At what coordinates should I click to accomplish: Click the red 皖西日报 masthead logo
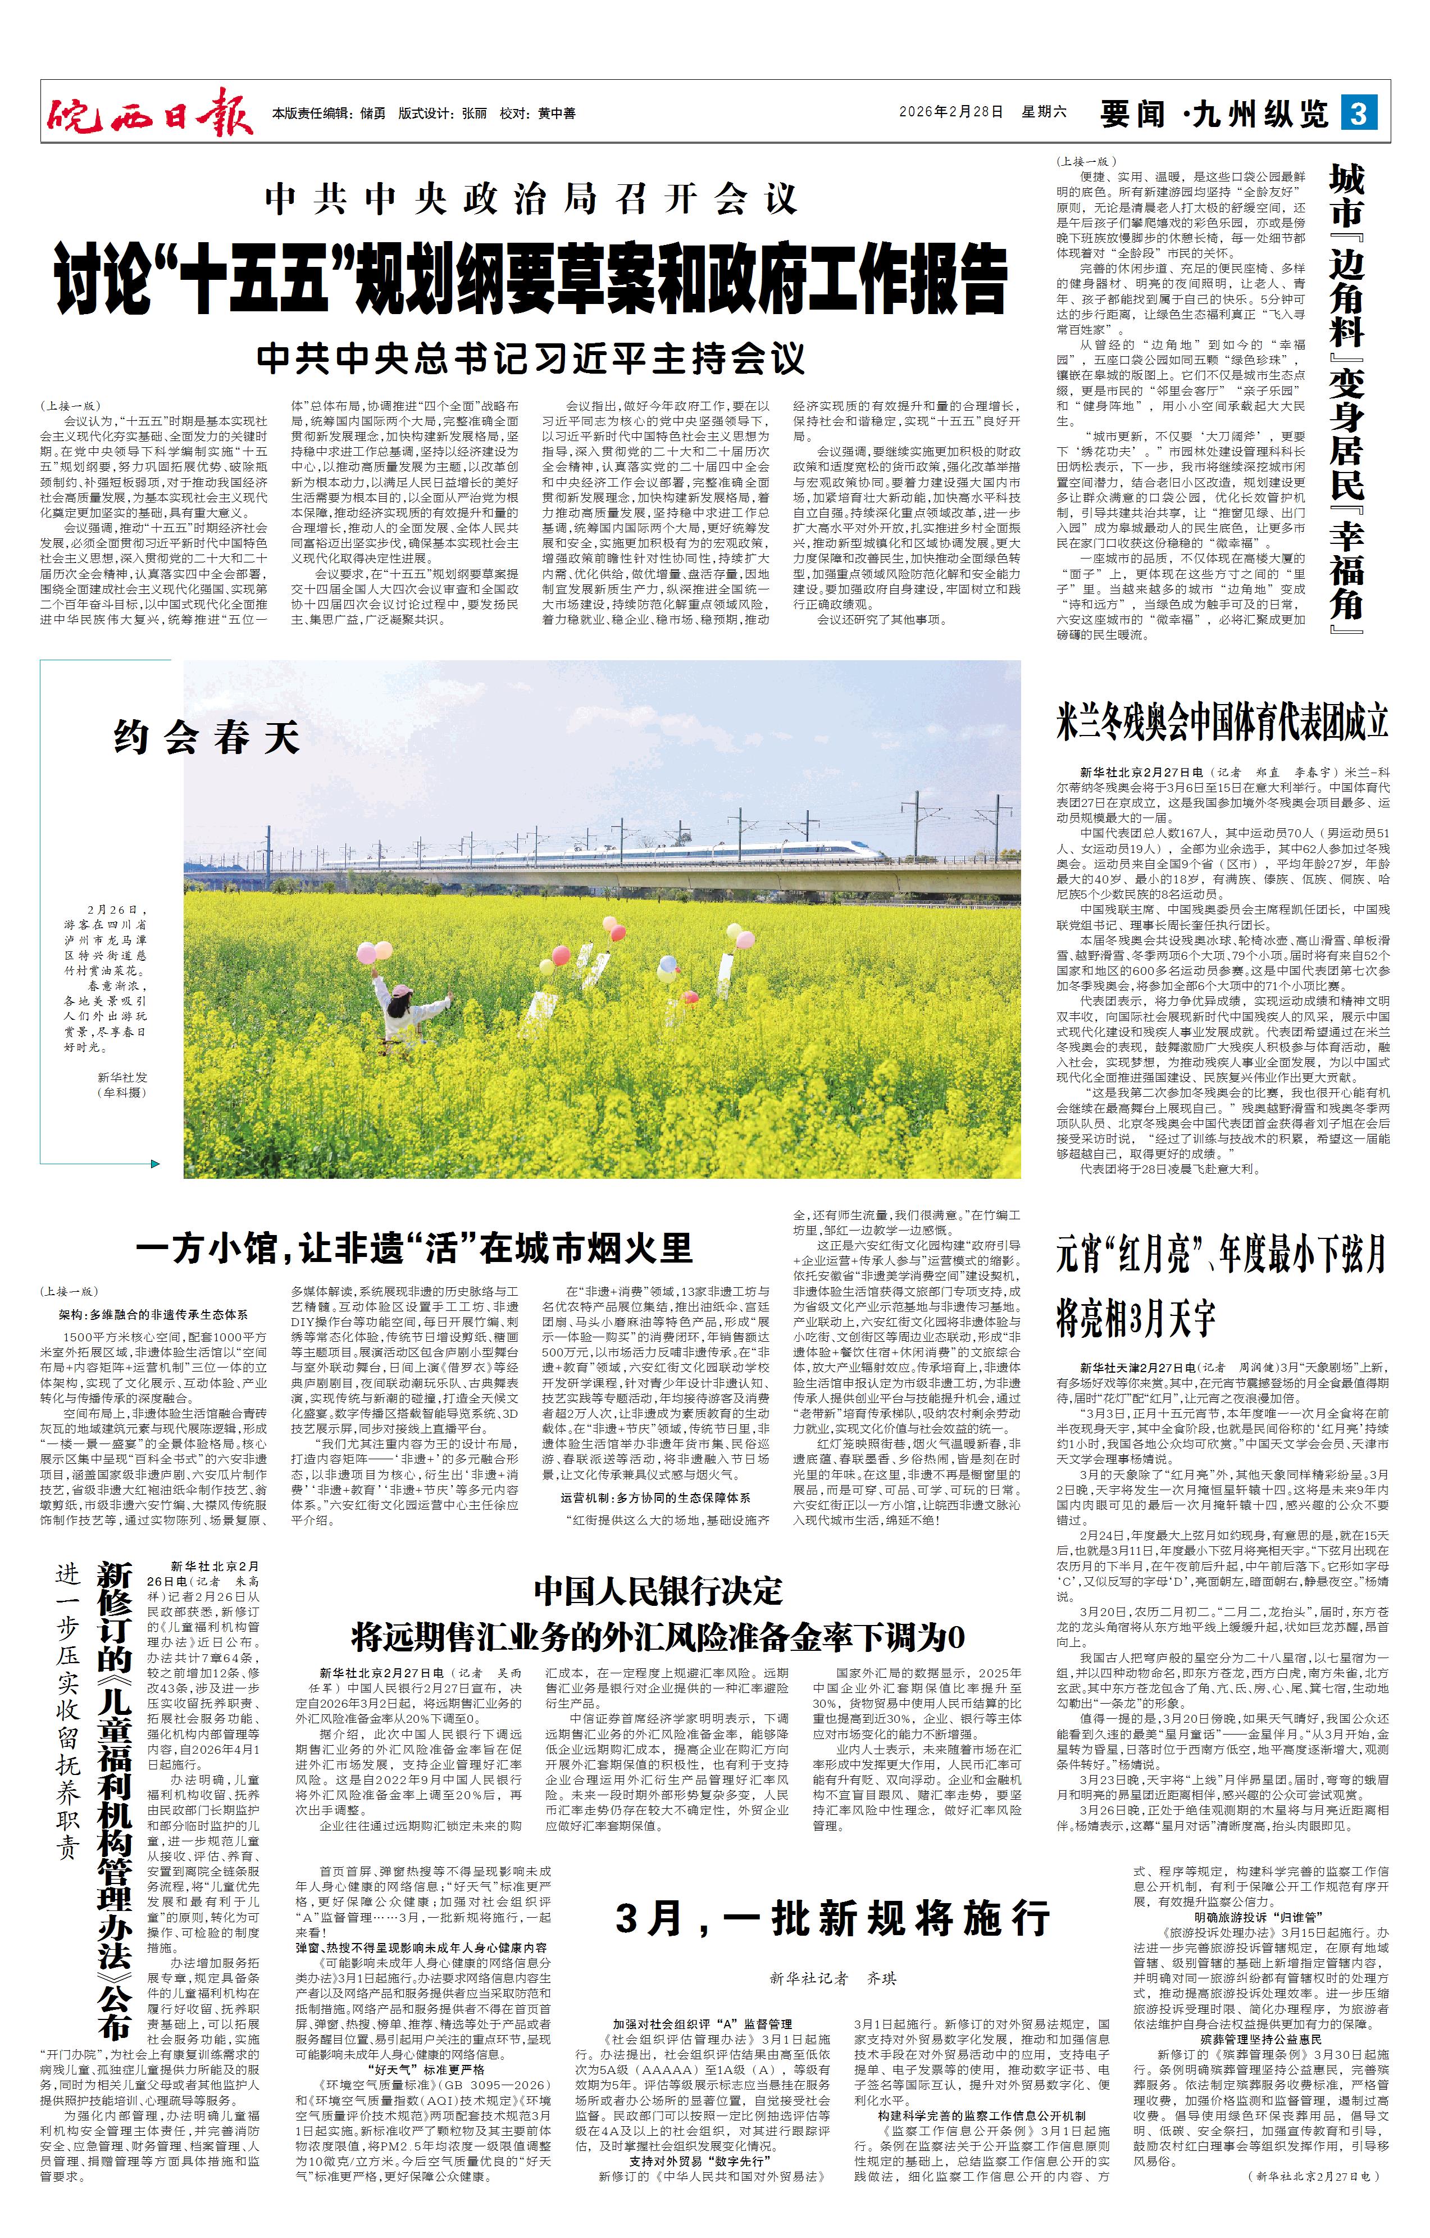tap(149, 114)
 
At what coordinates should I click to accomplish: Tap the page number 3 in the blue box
tap(1359, 114)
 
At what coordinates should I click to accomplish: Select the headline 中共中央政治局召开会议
tap(531, 199)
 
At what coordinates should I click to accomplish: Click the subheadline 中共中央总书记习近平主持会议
tap(531, 358)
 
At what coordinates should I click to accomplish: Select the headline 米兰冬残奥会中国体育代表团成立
tap(1222, 722)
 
